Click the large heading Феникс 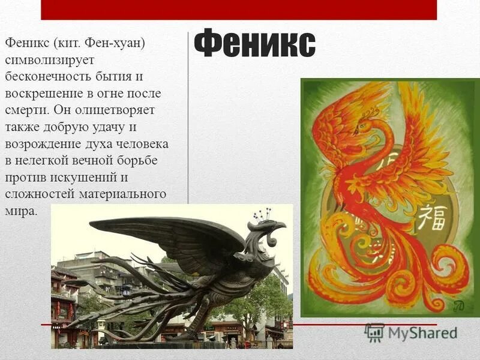click(x=255, y=45)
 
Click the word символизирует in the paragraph click(x=46, y=61)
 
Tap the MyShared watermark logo click(x=411, y=332)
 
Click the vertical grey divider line click(x=189, y=120)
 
